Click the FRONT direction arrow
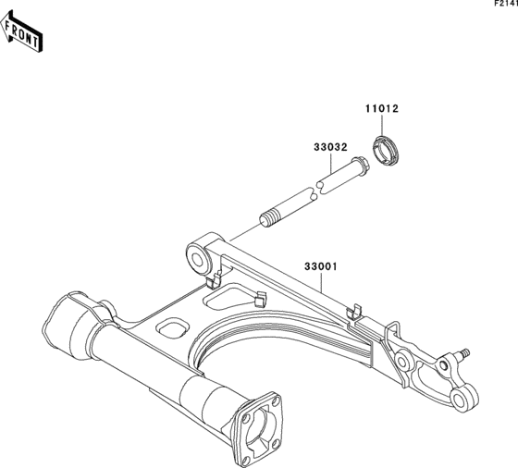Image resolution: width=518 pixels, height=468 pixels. click(20, 31)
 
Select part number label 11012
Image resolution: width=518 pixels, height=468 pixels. click(382, 108)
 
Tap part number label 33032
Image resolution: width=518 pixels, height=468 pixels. click(331, 147)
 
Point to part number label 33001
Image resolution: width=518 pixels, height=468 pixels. click(321, 266)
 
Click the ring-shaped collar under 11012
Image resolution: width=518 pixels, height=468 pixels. click(386, 151)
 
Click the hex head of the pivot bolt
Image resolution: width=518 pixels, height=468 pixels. click(361, 165)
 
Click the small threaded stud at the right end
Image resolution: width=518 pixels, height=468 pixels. click(462, 353)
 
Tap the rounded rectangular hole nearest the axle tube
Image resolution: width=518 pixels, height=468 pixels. click(173, 328)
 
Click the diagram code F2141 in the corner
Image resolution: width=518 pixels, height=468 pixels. click(506, 4)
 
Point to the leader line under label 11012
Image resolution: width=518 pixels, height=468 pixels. click(382, 126)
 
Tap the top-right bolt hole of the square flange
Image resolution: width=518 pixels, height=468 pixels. click(277, 401)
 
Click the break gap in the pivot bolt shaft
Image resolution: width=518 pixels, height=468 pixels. click(316, 191)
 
